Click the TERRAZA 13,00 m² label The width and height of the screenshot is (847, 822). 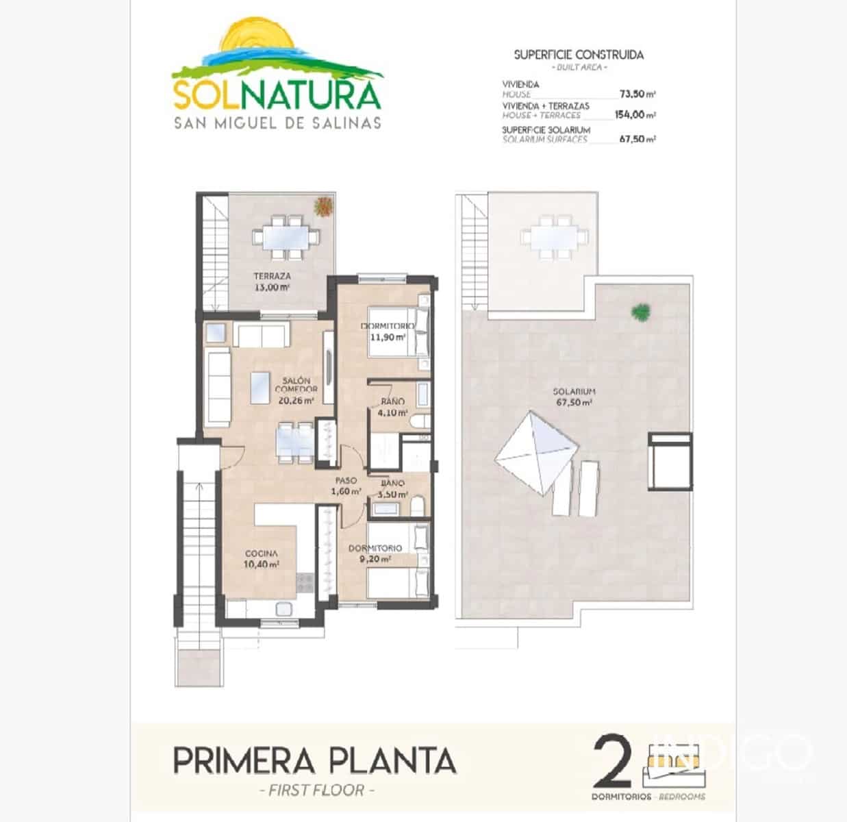272,282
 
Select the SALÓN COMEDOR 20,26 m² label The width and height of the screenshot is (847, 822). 295,390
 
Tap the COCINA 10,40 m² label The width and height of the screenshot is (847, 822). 262,559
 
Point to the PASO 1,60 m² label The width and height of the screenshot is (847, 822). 346,486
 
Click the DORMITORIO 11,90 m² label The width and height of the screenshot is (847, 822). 388,332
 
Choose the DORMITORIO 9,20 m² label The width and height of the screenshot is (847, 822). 375,553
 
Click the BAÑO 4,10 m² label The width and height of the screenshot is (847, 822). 392,408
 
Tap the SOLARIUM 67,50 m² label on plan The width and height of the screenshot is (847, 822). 574,397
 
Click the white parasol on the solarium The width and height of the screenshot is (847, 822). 533,453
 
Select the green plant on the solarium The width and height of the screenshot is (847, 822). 641,312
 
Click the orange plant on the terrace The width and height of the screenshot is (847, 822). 323,206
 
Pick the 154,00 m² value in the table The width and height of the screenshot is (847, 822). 635,115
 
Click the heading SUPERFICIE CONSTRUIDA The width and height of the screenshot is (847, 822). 579,55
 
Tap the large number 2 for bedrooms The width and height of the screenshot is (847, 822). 613,760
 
